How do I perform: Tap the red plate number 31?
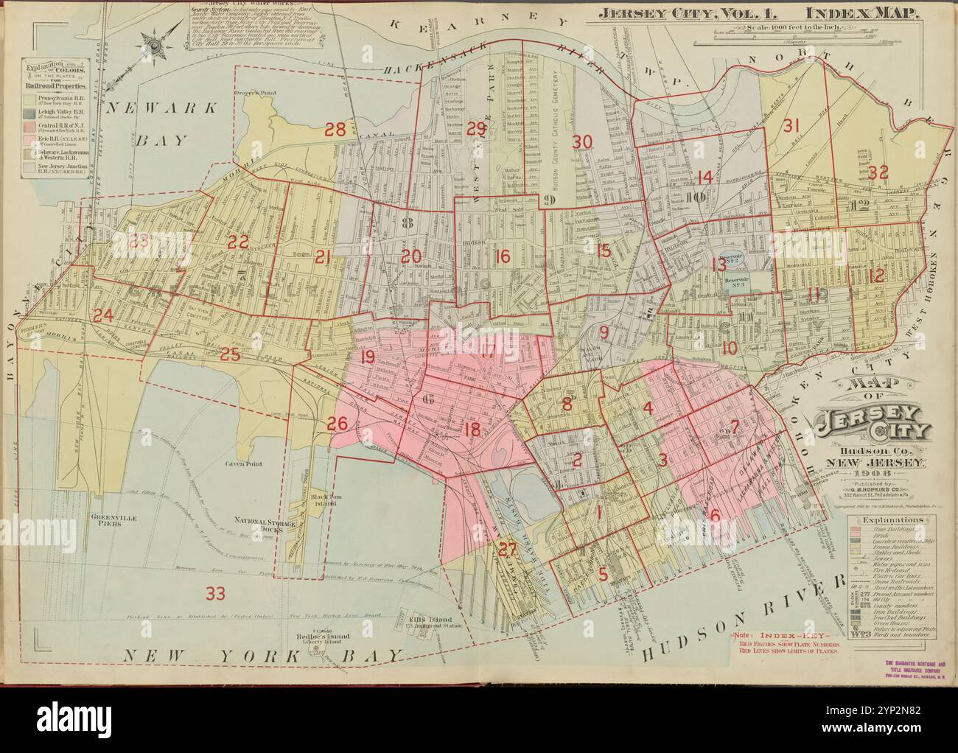(791, 125)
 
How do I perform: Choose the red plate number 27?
(506, 549)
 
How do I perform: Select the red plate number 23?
(139, 239)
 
